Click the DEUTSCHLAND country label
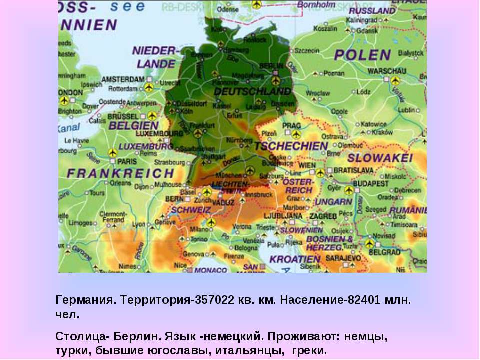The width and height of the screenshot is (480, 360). click(252, 92)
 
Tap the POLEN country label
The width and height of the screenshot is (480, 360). click(363, 55)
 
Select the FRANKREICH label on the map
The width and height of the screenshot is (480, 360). click(121, 174)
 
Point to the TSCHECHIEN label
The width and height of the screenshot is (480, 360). click(291, 146)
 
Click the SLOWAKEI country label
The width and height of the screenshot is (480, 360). click(380, 158)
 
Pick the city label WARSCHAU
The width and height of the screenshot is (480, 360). click(387, 71)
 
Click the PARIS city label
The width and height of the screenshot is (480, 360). click(127, 161)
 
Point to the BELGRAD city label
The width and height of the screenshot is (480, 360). click(385, 252)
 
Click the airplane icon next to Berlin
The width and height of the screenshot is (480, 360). click(276, 80)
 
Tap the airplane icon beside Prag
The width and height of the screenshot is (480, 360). click(296, 134)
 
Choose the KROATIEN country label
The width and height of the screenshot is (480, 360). click(295, 259)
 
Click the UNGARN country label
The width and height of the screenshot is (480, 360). click(334, 202)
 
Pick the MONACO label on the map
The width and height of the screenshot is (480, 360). click(210, 270)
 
